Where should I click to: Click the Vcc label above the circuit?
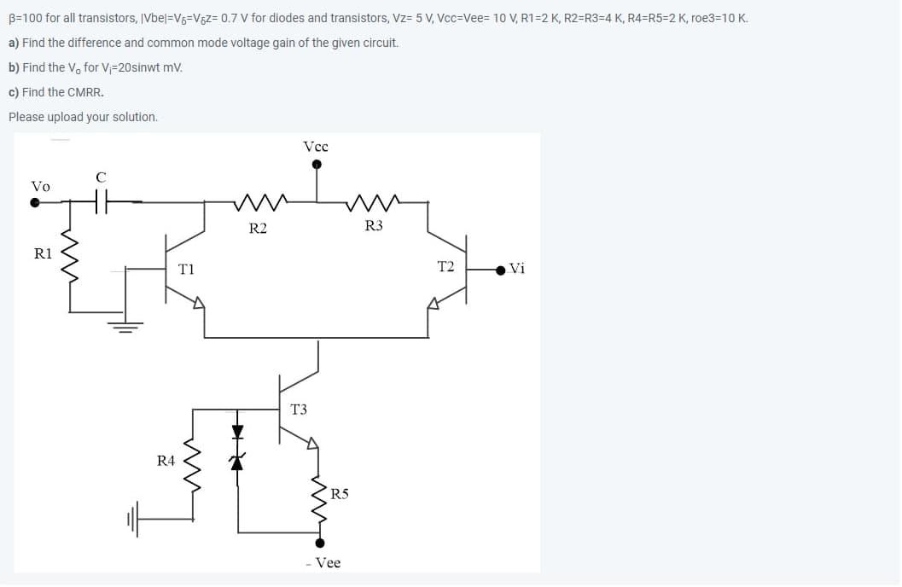tap(316, 147)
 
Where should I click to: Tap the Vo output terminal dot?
tap(35, 203)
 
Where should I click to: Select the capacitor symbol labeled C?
tap(101, 202)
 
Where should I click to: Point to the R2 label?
tap(257, 228)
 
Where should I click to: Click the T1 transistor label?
tap(186, 269)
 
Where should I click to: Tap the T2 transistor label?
tap(445, 267)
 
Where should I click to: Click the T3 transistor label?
tap(299, 410)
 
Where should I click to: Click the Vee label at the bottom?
tap(324, 563)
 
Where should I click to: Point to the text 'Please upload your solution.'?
tap(83, 117)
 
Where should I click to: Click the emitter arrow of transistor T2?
tap(434, 301)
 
